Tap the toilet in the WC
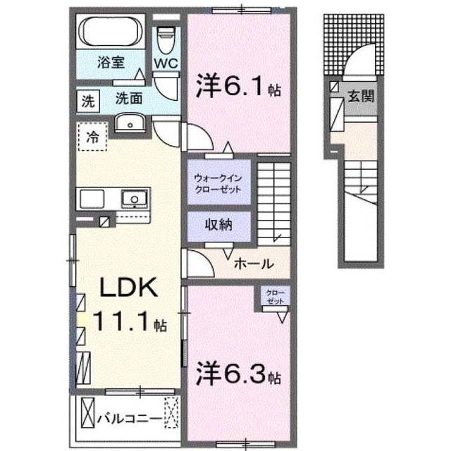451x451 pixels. point(166,40)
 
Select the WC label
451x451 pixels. point(166,63)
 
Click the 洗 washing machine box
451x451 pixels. point(88,101)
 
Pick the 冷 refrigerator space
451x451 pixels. point(92,136)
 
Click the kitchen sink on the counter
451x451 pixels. point(135,199)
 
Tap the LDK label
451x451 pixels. point(128,288)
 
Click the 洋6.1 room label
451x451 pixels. point(238,85)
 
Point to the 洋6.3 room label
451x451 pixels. point(238,373)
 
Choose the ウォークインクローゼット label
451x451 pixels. point(218,184)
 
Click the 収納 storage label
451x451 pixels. point(218,225)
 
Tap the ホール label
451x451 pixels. point(254,264)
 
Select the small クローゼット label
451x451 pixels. point(276,297)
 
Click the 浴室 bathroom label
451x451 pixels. point(111,62)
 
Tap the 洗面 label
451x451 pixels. point(129,99)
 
